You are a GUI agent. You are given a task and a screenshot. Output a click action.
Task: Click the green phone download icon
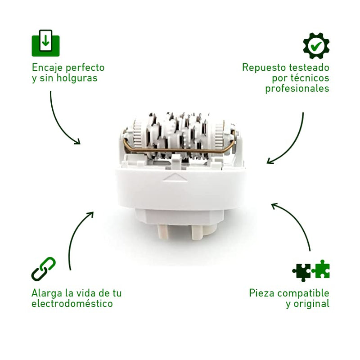click(45, 43)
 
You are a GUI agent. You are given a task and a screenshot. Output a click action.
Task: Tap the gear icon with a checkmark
click(316, 45)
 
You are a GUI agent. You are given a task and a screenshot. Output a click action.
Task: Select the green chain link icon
click(43, 269)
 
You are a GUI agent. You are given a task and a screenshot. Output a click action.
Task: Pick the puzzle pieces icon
click(310, 270)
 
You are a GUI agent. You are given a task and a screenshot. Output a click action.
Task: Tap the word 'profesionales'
click(297, 89)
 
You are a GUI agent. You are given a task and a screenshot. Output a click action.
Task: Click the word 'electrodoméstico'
click(72, 304)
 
